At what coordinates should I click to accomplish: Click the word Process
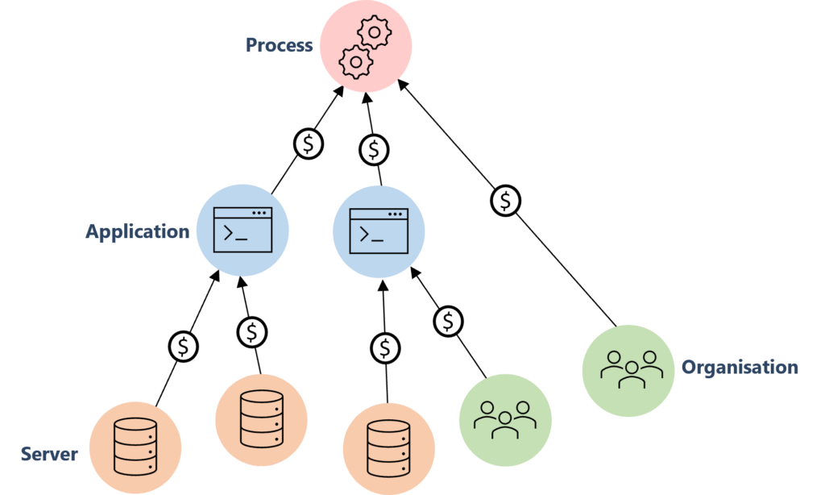click(x=279, y=45)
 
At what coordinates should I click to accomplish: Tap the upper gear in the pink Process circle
click(x=374, y=33)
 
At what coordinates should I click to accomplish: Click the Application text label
click(x=137, y=232)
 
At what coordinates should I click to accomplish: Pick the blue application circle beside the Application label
click(x=243, y=231)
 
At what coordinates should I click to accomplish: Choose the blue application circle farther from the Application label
click(x=379, y=231)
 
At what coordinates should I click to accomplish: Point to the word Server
click(x=49, y=454)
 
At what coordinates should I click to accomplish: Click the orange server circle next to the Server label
click(x=135, y=447)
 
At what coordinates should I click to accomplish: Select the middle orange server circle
click(x=261, y=420)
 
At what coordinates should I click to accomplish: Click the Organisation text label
click(x=740, y=368)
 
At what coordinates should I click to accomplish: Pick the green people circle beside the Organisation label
click(x=628, y=370)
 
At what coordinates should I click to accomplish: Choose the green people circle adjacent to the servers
click(x=505, y=418)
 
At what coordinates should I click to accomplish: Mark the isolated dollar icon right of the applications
click(x=506, y=201)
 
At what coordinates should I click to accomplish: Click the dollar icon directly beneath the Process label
click(x=309, y=144)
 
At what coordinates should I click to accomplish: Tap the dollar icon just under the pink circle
click(x=374, y=149)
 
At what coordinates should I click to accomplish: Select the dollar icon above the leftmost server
click(x=184, y=347)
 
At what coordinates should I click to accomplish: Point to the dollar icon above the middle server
click(x=252, y=331)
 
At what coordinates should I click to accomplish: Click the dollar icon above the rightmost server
click(x=386, y=348)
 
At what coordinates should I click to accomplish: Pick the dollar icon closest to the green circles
click(x=449, y=321)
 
